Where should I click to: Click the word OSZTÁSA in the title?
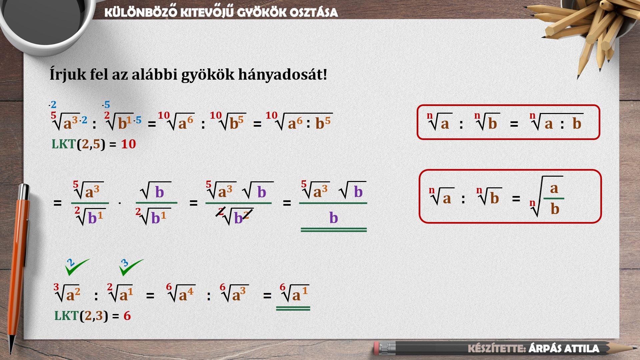click(x=313, y=13)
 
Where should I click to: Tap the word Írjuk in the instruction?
click(x=68, y=75)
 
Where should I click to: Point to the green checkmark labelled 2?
click(x=77, y=267)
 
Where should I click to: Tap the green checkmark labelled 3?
click(x=131, y=267)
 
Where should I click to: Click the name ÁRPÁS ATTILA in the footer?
click(x=564, y=349)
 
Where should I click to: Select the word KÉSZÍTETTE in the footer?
click(x=497, y=349)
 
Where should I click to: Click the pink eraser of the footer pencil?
click(x=377, y=348)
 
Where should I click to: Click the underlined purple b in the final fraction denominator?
click(x=334, y=218)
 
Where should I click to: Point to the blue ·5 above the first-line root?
click(x=106, y=105)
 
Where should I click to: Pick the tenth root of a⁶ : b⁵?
click(x=299, y=122)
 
